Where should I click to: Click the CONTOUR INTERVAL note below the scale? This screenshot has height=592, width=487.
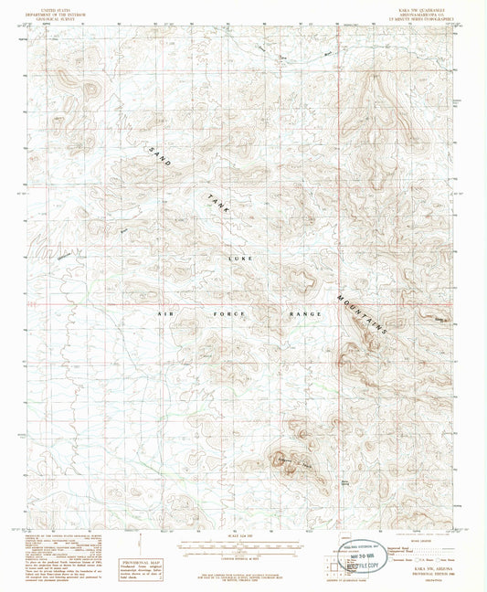pos(243,555)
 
